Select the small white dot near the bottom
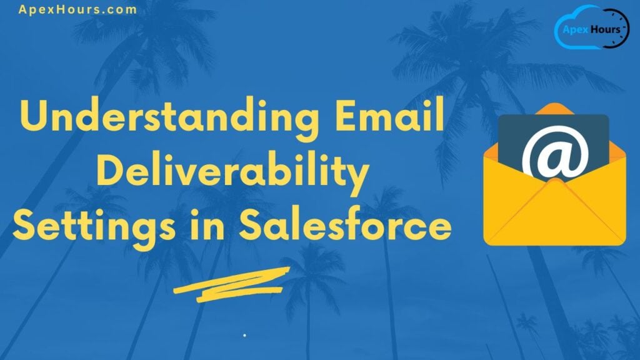pos(244,336)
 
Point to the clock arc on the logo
pos(623,25)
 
